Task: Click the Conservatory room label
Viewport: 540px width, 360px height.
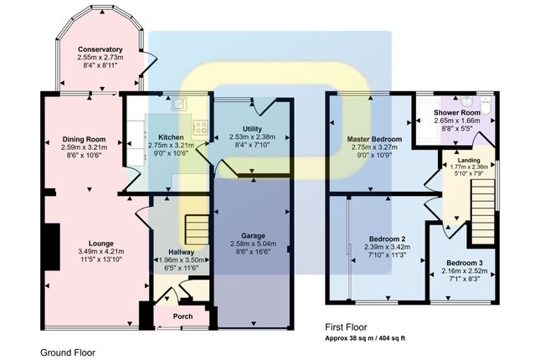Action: click(x=100, y=49)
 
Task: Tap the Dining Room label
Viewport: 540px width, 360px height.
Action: click(x=84, y=139)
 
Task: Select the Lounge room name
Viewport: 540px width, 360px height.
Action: click(x=101, y=244)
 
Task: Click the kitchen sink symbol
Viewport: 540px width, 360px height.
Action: click(x=179, y=103)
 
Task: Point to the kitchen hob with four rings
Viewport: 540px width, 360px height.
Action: click(x=200, y=127)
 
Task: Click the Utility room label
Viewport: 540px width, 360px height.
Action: click(x=252, y=129)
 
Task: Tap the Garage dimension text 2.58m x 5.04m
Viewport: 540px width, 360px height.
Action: click(x=253, y=244)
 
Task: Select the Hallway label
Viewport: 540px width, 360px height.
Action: click(x=182, y=252)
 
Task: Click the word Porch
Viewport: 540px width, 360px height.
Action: click(x=183, y=316)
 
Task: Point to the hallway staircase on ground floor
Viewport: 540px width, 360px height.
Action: click(x=197, y=229)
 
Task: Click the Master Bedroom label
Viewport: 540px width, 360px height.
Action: click(x=374, y=139)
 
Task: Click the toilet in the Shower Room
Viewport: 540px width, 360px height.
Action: click(x=486, y=105)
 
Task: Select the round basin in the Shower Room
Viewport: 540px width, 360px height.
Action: click(x=466, y=101)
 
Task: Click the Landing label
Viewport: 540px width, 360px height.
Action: click(x=469, y=160)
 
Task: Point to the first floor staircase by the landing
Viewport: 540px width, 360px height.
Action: click(x=482, y=211)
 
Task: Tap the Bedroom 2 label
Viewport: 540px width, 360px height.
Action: click(x=387, y=239)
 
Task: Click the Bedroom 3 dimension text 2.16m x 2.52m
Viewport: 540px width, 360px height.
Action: click(x=465, y=270)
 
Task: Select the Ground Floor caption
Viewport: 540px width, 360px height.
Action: click(x=68, y=352)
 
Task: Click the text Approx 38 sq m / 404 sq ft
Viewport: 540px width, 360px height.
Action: click(x=365, y=338)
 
